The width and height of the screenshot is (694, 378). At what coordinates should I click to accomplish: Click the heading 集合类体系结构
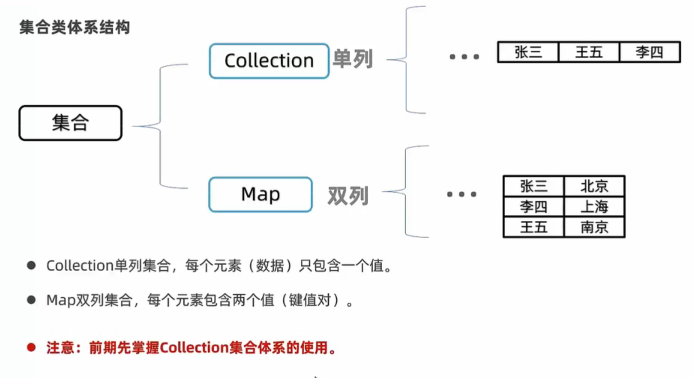74,27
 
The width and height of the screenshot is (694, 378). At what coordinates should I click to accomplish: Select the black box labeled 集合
70,123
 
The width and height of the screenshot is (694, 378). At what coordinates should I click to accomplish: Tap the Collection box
269,61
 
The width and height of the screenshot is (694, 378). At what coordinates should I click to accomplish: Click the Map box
260,194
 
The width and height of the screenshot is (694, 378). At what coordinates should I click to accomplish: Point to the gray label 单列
353,59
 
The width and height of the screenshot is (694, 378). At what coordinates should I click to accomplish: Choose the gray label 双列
348,196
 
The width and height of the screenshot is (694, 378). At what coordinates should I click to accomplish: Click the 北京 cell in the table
594,186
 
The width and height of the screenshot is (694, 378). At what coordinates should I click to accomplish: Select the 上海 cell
594,206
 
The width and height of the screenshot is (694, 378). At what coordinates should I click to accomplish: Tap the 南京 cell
594,227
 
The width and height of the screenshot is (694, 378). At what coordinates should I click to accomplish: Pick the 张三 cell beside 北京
534,186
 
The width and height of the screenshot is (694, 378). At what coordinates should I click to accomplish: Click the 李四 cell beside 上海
534,206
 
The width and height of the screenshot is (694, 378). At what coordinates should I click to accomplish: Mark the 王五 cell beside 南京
534,227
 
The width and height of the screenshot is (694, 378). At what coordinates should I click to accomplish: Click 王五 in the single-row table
589,52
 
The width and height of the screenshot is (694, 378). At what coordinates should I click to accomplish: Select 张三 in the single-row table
528,52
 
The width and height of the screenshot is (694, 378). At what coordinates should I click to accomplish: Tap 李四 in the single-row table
650,52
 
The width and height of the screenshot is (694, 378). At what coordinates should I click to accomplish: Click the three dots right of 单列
464,57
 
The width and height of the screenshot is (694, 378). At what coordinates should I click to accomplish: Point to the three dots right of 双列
461,194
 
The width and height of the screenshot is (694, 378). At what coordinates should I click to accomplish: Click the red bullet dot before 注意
31,347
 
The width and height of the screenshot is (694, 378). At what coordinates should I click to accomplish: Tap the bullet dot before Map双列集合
31,300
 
